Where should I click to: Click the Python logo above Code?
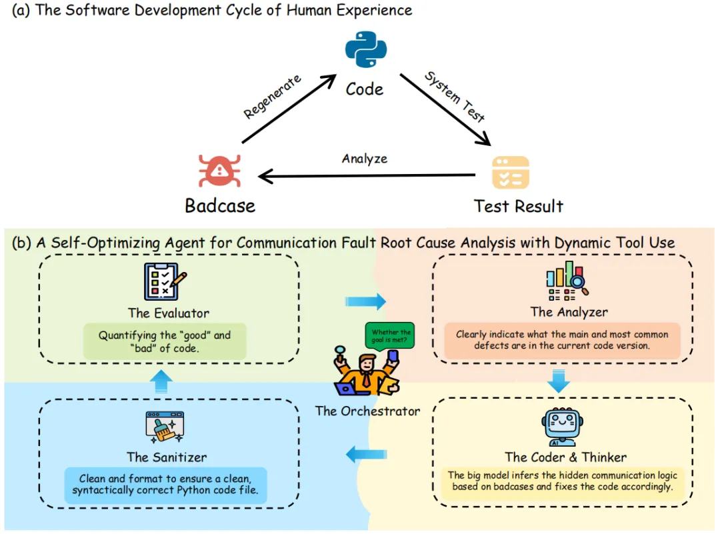point(365,51)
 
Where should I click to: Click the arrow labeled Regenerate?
point(289,111)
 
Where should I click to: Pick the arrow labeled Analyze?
point(367,176)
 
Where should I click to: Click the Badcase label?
point(220,205)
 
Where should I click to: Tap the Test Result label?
point(519,205)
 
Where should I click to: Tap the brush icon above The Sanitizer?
point(164,427)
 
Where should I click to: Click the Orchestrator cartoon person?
point(365,373)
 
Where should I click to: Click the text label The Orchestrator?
point(368,411)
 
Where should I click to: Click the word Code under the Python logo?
point(365,89)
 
